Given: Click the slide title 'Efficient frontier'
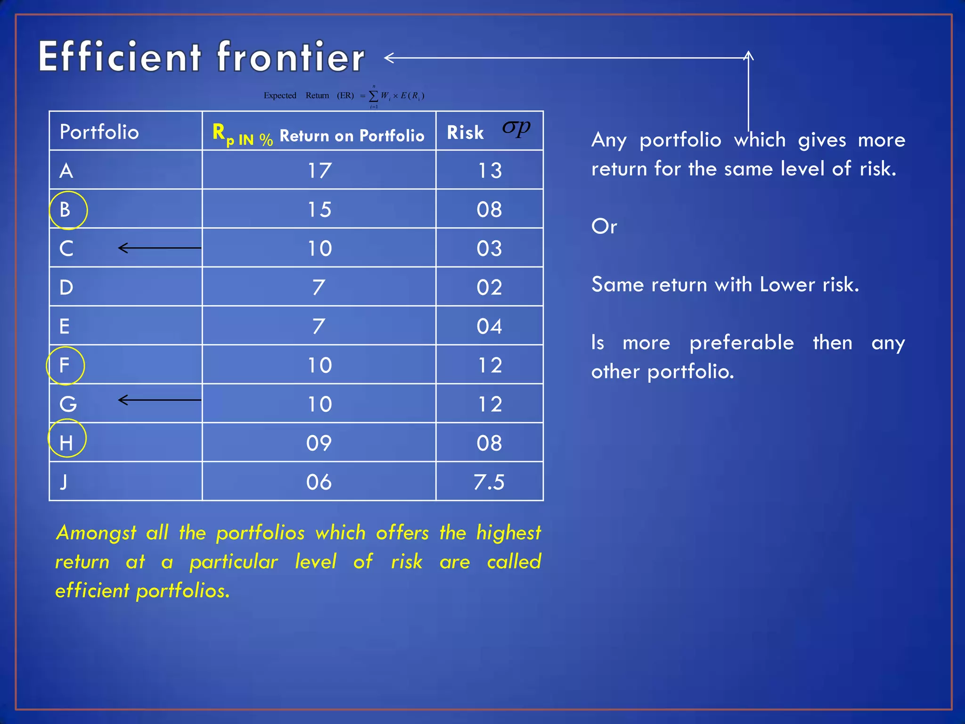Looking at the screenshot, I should (202, 57).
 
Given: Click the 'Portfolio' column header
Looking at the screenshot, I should (99, 132).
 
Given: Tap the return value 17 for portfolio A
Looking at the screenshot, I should (319, 171).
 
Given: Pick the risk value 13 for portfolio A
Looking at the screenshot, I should (490, 171).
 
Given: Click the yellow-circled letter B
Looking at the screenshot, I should (65, 210).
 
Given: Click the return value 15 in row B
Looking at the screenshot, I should (319, 210).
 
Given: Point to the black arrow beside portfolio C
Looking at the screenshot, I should (159, 248).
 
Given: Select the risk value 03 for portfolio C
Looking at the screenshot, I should (489, 248).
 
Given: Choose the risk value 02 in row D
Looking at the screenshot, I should (489, 288).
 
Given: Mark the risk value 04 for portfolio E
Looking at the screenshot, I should (489, 326).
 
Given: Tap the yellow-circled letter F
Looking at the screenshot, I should (65, 365).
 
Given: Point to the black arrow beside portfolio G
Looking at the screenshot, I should (159, 400).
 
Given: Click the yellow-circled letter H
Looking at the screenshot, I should (66, 443).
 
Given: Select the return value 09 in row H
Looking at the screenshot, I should (319, 443).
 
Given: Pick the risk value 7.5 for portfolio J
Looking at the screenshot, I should (489, 482).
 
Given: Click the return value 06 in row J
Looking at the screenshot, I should (319, 482).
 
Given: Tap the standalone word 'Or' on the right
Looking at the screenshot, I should (604, 227).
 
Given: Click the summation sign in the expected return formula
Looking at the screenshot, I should (373, 96).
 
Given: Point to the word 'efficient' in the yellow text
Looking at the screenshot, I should (92, 591).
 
